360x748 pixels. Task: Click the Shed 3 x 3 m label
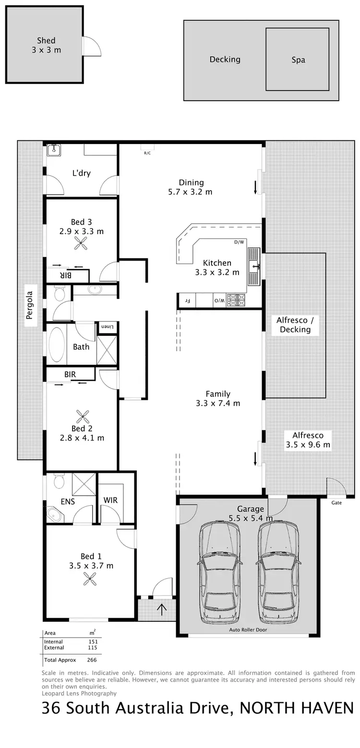[46, 45]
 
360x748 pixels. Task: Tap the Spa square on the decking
[298, 59]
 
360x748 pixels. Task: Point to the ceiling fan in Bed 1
[90, 580]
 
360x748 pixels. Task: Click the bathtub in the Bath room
[56, 345]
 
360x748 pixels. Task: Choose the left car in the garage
[219, 570]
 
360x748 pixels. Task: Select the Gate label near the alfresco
[336, 503]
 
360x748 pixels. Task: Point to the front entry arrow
[162, 609]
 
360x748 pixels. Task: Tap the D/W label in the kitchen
[239, 242]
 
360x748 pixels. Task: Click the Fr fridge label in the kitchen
[188, 301]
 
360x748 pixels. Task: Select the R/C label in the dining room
[147, 153]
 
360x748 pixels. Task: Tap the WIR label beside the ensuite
[110, 500]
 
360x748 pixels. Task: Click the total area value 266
[92, 660]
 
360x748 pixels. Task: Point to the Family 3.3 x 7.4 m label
[218, 399]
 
